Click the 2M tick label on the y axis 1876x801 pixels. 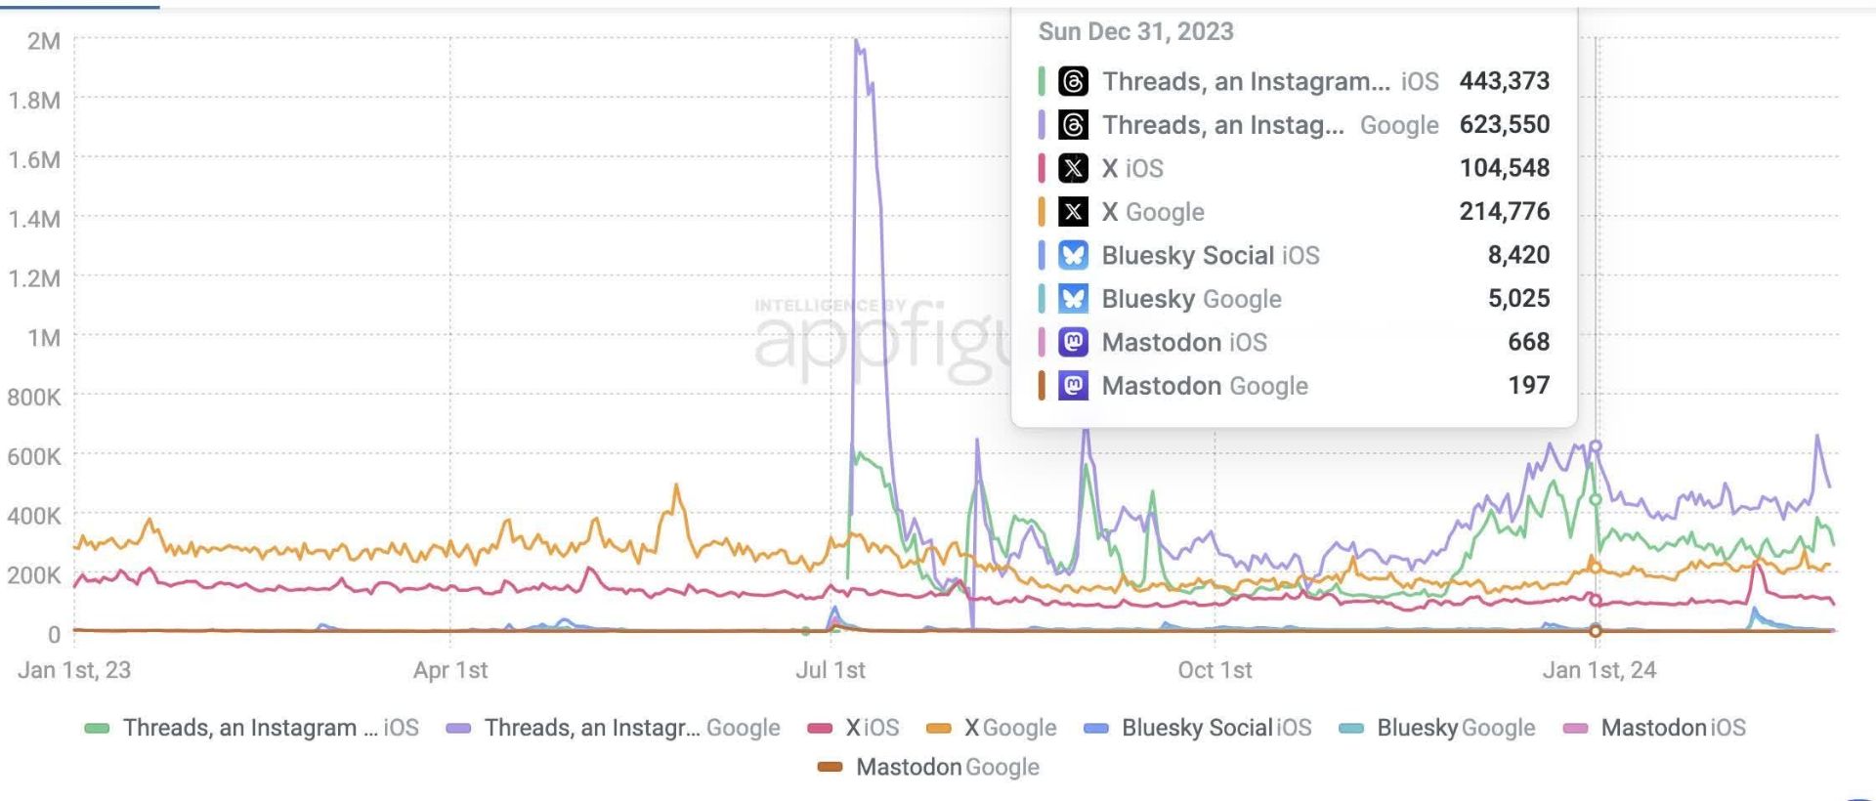click(x=44, y=41)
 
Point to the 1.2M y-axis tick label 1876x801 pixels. click(x=34, y=278)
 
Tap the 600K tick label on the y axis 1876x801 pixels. click(x=34, y=456)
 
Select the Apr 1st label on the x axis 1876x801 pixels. click(x=450, y=670)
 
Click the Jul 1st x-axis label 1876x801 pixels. click(x=831, y=670)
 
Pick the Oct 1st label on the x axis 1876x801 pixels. click(x=1215, y=670)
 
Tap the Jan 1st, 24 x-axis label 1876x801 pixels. click(x=1599, y=670)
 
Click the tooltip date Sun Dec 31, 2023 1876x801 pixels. click(x=1135, y=31)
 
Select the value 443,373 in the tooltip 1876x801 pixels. click(x=1504, y=81)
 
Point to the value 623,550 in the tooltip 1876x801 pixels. click(x=1504, y=124)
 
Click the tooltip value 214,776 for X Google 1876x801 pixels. click(x=1504, y=211)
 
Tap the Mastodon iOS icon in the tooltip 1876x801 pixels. click(x=1073, y=342)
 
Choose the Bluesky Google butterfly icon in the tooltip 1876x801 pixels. click(x=1073, y=298)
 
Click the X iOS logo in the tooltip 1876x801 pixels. click(x=1073, y=168)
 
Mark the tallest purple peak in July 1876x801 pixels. click(x=857, y=41)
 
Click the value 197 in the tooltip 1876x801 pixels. click(x=1528, y=385)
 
